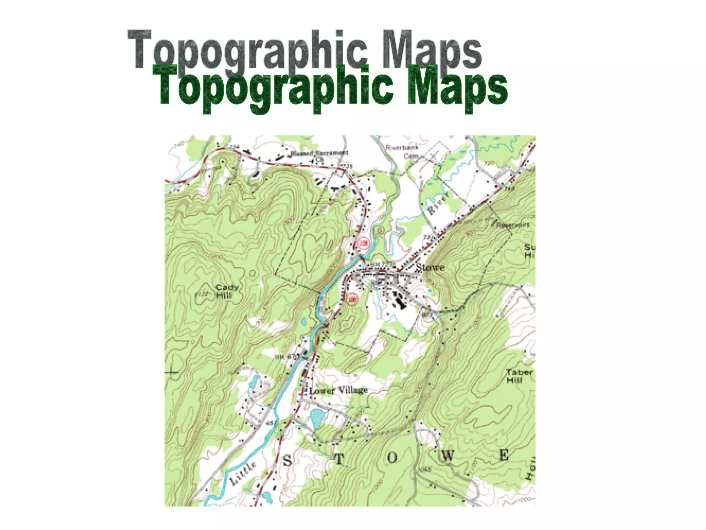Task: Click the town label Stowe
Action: [430, 267]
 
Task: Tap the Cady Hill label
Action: [226, 292]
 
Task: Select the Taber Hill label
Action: [519, 376]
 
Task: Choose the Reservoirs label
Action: [513, 225]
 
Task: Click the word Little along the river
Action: [243, 473]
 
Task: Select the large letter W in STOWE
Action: [447, 456]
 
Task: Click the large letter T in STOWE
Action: [339, 459]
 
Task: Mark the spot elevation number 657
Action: [271, 423]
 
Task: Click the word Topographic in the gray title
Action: [246, 50]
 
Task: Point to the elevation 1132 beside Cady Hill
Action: [202, 294]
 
